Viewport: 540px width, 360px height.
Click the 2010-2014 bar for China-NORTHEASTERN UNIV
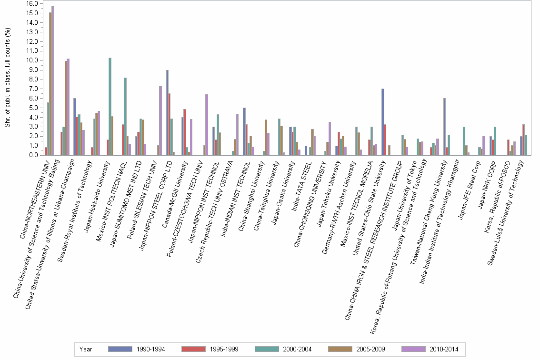(52, 80)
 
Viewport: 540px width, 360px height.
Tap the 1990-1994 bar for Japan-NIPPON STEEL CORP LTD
(167, 112)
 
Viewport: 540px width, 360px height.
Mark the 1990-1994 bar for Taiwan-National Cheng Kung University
(444, 127)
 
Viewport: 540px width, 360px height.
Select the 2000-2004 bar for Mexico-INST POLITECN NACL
(125, 116)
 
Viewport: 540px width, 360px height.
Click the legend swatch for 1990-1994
(120, 349)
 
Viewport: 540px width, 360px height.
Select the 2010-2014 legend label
(444, 349)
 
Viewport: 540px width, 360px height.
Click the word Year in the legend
(86, 349)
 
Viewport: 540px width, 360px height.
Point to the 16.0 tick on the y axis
(31, 3)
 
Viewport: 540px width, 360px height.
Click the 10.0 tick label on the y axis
(31, 60)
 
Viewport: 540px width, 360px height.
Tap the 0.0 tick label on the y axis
(33, 155)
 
